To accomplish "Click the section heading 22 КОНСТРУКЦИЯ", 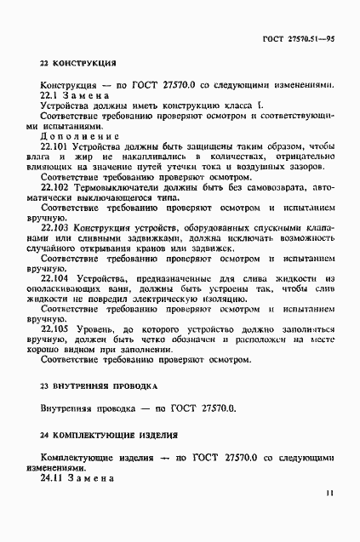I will [79, 64].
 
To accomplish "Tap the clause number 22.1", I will [53, 97].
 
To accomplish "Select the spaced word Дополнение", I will [80, 134].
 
